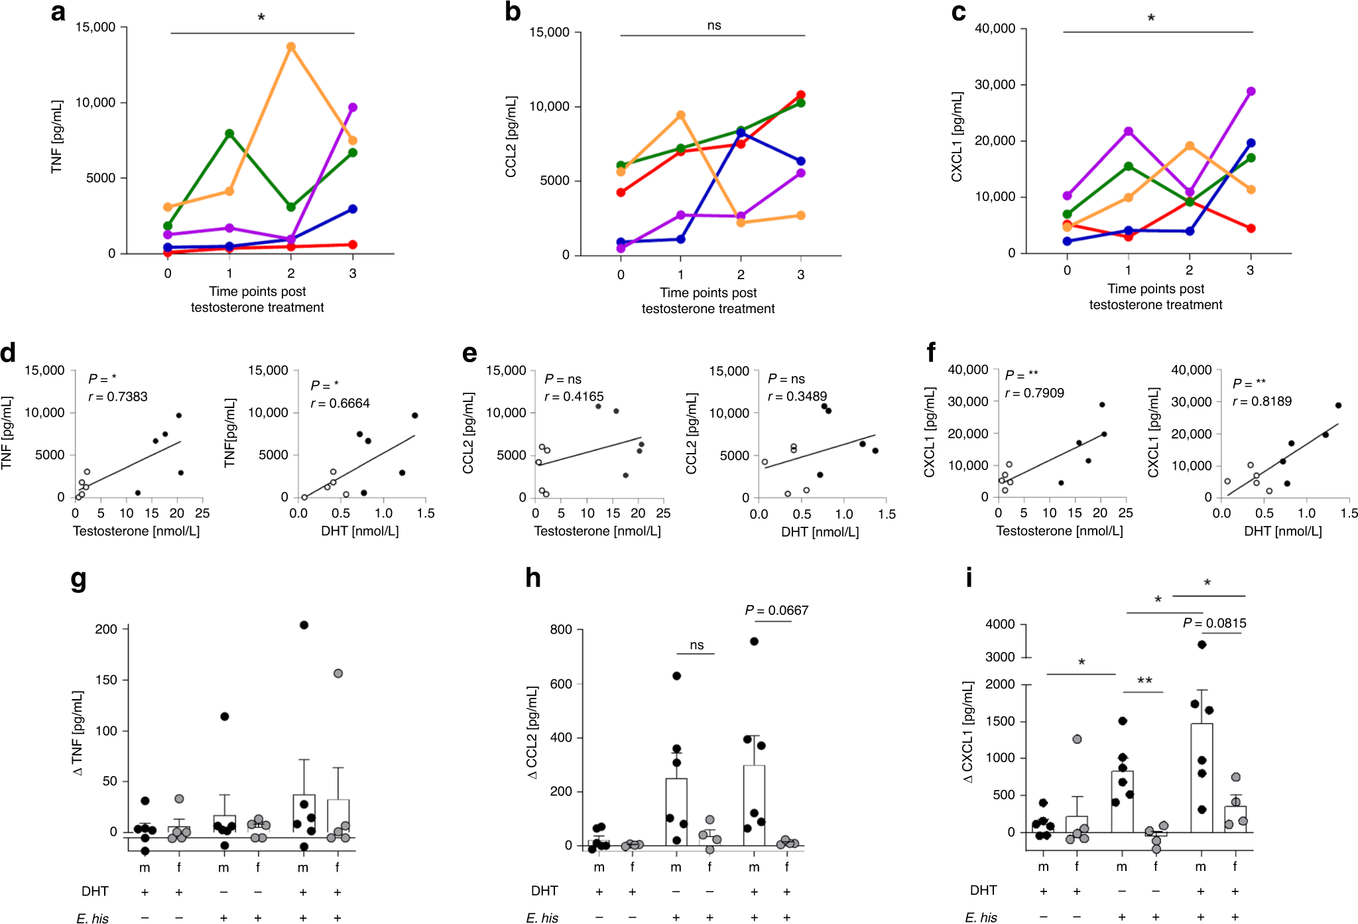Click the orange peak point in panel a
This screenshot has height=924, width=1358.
[290, 46]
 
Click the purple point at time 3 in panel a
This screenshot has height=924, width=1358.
[353, 107]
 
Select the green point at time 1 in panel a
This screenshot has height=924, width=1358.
[229, 133]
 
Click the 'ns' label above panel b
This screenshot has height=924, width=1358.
[713, 25]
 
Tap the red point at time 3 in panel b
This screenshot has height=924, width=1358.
[801, 95]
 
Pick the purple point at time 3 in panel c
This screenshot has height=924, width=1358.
[1251, 92]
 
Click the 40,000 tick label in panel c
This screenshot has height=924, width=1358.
[994, 29]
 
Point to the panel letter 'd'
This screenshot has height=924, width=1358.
[8, 352]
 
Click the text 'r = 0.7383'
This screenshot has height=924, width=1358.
[118, 397]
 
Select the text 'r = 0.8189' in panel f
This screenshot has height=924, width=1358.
[1262, 401]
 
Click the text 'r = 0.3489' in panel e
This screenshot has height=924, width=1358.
[797, 397]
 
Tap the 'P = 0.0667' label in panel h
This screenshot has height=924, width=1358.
[776, 610]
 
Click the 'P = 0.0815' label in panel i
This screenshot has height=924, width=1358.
[1214, 624]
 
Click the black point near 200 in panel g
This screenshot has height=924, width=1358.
[304, 625]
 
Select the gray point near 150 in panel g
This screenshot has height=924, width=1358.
[338, 673]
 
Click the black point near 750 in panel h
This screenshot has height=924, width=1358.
[754, 641]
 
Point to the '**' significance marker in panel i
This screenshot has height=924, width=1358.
[1144, 681]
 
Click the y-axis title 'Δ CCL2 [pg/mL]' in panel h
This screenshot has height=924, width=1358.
[532, 732]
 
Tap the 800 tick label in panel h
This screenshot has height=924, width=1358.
[561, 629]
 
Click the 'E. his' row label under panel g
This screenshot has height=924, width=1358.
[92, 918]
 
